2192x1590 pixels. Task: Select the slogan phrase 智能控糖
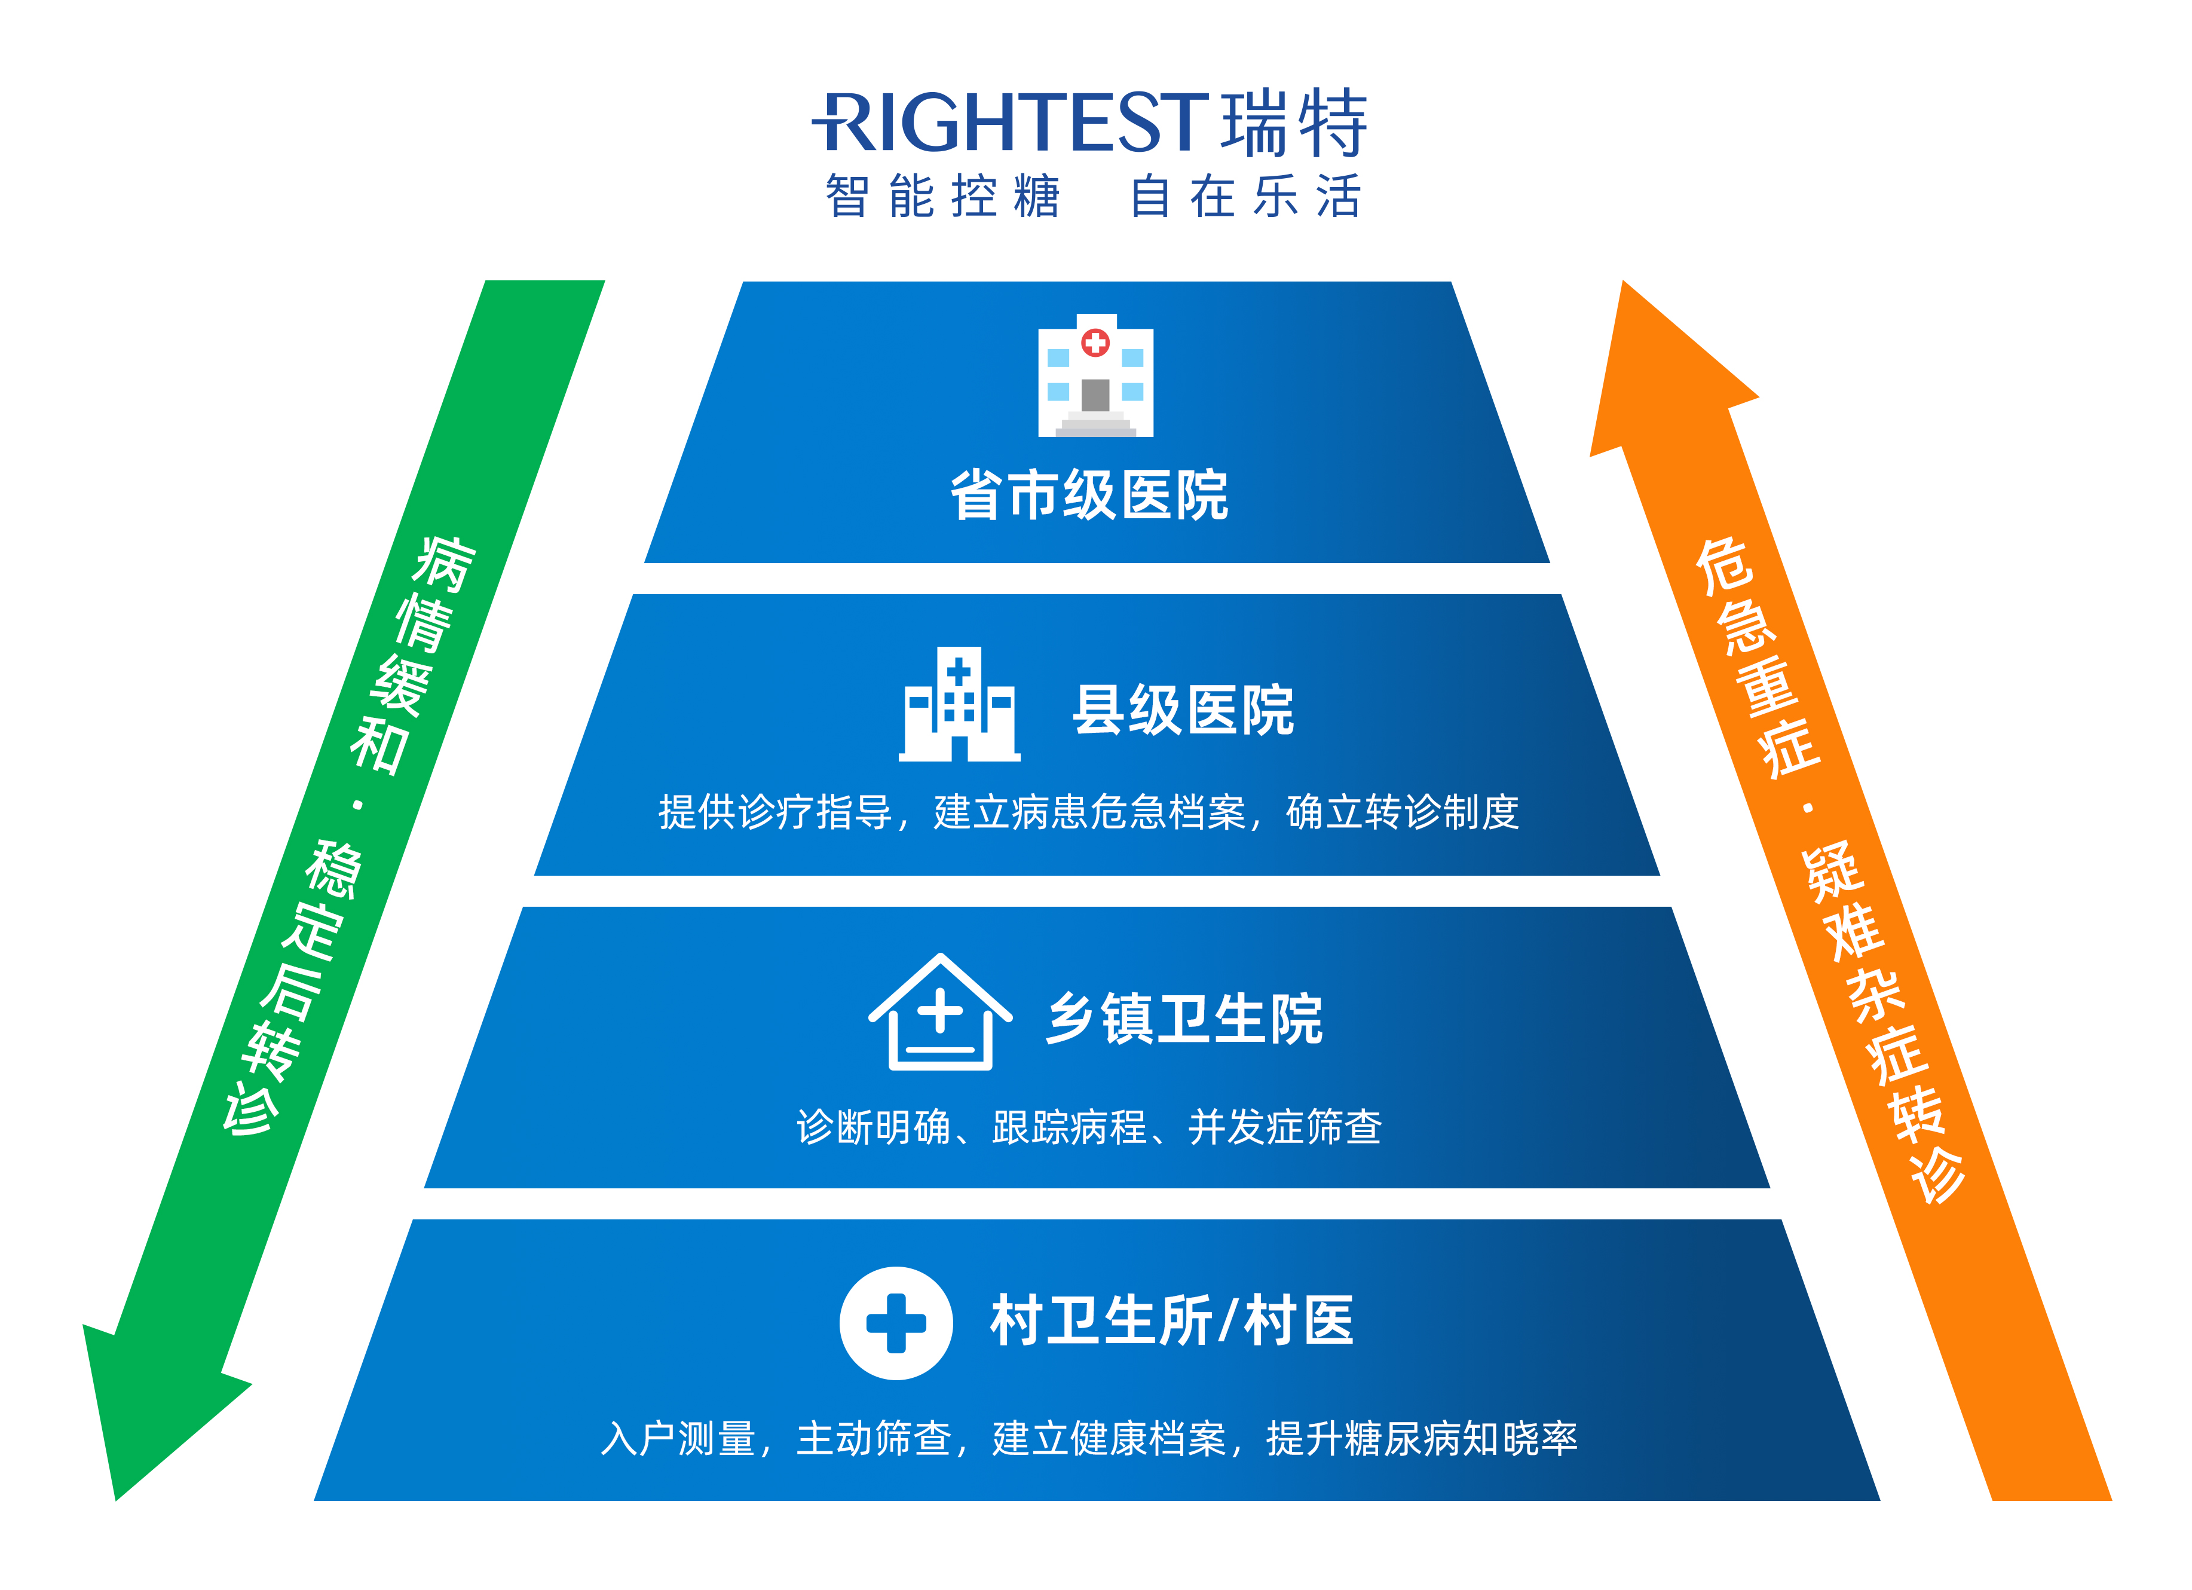point(942,196)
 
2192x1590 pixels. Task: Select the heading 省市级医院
point(1089,496)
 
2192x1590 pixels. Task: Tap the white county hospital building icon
point(959,705)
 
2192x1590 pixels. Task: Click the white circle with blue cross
point(896,1322)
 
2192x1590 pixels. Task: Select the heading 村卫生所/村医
point(1171,1320)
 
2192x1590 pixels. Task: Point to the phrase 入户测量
point(678,1438)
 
